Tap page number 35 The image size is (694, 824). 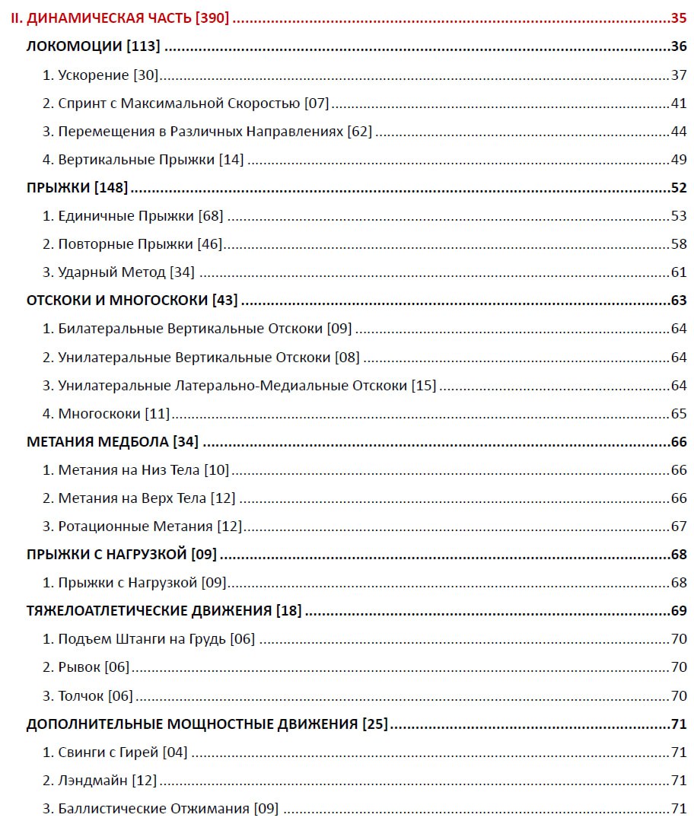[678, 18]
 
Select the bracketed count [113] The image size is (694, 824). [143, 46]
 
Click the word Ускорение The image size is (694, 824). [94, 75]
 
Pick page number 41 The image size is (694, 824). [679, 103]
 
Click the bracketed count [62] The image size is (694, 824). [360, 131]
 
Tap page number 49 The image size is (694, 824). [679, 159]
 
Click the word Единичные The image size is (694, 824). [96, 216]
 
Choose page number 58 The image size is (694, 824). [679, 244]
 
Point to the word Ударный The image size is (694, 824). [84, 272]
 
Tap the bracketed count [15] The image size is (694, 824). [424, 385]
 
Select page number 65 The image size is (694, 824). [679, 413]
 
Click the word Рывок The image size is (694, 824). [79, 667]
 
